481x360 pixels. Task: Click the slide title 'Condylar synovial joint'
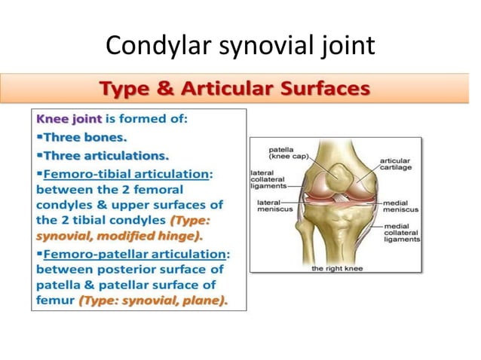point(240,46)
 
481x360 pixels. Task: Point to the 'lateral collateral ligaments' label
point(268,178)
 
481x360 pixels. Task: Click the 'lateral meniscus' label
point(269,207)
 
